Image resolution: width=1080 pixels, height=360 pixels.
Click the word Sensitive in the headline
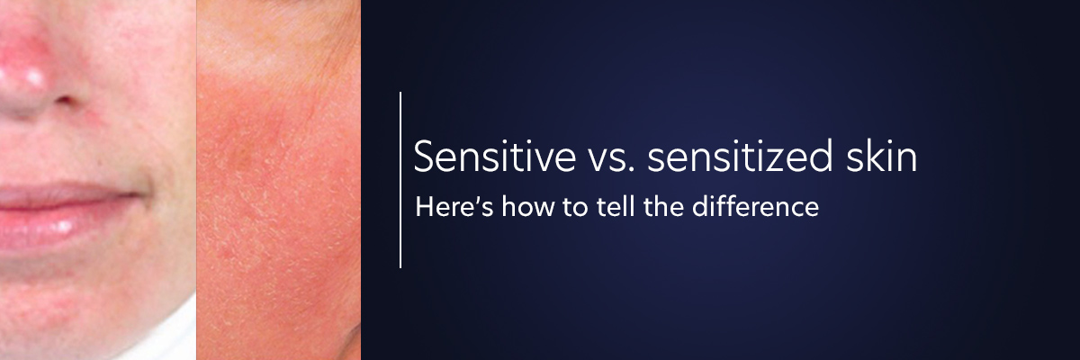(x=495, y=156)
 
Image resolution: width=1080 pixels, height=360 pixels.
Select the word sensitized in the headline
(x=740, y=156)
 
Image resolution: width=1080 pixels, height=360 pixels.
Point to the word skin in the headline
(x=881, y=156)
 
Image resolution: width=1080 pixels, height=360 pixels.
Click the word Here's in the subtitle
(x=454, y=206)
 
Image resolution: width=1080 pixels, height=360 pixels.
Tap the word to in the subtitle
(x=575, y=208)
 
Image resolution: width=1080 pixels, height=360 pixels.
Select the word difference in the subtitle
(x=755, y=206)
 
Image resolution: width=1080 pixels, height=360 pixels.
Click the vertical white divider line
(x=400, y=180)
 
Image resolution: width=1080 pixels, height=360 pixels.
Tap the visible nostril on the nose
(x=65, y=101)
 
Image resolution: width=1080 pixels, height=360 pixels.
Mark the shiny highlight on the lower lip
(x=63, y=226)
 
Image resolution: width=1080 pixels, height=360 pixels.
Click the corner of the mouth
(x=138, y=194)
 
